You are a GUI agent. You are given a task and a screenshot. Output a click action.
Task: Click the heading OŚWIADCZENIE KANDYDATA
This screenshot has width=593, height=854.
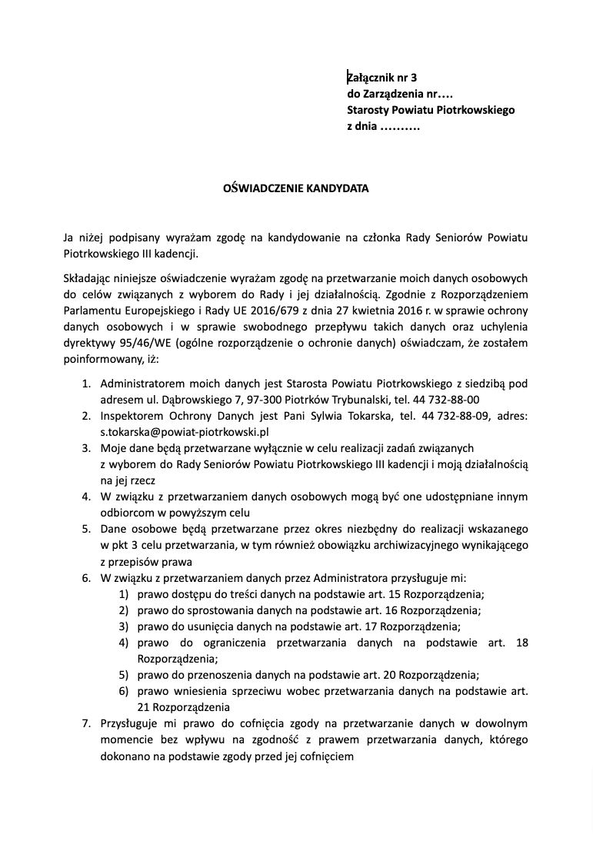point(296,187)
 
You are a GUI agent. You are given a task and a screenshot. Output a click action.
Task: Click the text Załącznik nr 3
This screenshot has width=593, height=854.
point(381,77)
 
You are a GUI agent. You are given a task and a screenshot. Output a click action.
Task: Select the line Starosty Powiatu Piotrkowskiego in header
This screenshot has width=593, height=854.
point(431,110)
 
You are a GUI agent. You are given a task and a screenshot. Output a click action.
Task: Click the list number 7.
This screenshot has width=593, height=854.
point(86,723)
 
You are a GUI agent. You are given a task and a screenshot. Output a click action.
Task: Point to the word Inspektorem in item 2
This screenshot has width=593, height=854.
point(129,416)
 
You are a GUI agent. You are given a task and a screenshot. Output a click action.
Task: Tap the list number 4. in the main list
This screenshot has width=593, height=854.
point(86,497)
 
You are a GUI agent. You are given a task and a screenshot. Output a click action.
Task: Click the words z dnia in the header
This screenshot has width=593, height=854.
point(362,126)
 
